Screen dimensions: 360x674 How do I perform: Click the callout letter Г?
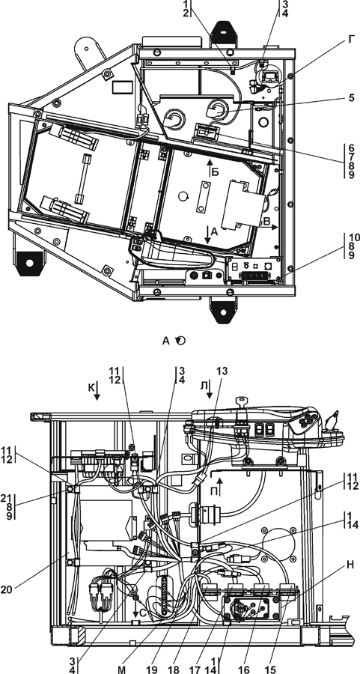(352, 40)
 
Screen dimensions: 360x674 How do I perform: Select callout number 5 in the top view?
(352, 97)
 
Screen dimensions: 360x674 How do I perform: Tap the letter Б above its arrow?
(216, 172)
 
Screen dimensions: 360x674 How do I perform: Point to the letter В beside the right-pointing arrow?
(266, 222)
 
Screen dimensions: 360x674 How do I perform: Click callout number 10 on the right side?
(352, 237)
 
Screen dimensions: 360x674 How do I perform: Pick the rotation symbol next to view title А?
(181, 341)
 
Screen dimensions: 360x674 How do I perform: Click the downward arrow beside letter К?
(97, 390)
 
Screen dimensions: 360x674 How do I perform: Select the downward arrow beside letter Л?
(210, 390)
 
